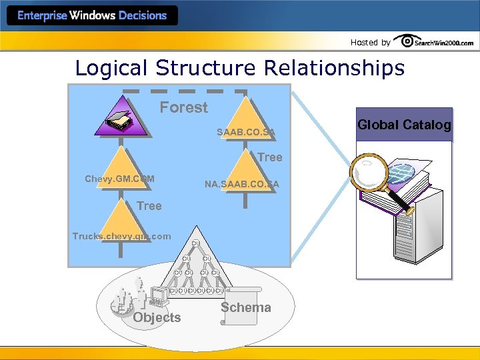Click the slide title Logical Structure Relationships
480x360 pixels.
239,68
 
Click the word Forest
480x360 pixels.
183,107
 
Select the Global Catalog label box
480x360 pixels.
404,125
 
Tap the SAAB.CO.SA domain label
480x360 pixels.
245,133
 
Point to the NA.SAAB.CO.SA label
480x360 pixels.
241,183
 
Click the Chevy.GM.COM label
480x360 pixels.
119,179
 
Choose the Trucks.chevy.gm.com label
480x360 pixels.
121,236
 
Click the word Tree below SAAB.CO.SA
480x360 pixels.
269,157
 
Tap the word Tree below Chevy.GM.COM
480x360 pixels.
149,206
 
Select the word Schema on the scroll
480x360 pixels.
245,307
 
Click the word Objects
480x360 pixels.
157,318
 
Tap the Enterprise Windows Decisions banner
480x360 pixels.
92,15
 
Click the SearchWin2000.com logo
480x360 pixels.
434,41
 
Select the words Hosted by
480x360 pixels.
370,43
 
